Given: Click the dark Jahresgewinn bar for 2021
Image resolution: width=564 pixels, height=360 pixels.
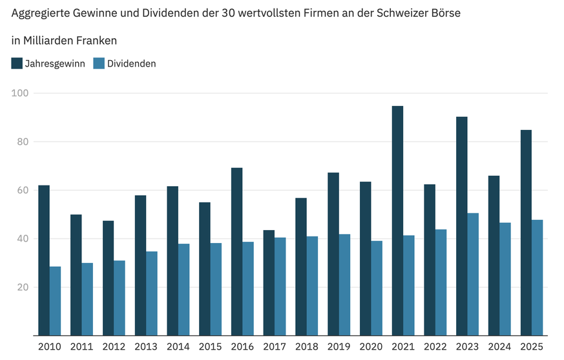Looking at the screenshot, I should tap(397, 220).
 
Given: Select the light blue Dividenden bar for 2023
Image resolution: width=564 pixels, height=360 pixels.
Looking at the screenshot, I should tap(473, 274).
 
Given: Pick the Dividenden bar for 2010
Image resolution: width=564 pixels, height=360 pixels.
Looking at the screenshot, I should tap(55, 301).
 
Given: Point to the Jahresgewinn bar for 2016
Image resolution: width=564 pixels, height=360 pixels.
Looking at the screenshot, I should tap(236, 251).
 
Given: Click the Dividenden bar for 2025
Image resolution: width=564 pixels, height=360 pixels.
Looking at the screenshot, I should tap(537, 277).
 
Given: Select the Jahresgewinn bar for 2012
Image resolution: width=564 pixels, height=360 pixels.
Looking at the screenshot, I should tap(108, 278).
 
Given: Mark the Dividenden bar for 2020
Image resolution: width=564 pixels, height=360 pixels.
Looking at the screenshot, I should tap(377, 288).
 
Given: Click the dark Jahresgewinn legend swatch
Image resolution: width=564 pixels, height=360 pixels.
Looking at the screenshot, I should tap(17, 63).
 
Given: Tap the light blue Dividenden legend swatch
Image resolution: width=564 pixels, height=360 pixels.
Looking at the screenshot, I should tap(98, 63).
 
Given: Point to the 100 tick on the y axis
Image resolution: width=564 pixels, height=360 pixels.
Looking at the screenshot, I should tap(21, 93).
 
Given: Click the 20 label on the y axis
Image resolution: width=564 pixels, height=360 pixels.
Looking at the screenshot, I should tap(23, 287).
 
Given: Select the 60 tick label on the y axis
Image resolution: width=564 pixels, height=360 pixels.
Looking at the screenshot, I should tap(23, 190).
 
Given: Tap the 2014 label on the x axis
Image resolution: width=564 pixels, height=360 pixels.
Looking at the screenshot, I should tap(178, 347).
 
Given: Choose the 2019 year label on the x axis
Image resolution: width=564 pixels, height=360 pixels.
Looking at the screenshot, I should tap(339, 347).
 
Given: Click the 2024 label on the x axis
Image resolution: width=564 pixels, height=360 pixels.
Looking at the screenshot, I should tap(499, 347).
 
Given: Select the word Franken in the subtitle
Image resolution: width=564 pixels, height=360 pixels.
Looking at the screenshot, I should tap(96, 40).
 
